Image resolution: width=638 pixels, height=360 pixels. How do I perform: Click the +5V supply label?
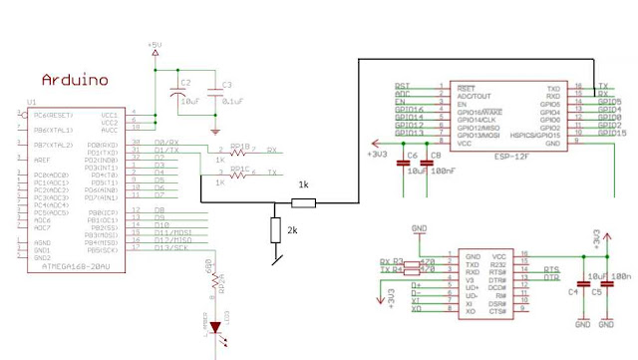(155, 46)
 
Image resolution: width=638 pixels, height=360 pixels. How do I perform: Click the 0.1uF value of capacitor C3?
(233, 101)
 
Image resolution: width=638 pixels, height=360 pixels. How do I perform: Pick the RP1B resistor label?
(239, 146)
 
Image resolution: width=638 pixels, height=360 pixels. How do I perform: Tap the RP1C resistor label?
(239, 169)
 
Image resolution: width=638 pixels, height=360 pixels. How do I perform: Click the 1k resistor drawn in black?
(303, 203)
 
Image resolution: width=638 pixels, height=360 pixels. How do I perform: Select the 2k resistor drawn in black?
(275, 231)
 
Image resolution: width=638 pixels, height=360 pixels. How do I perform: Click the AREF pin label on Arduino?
(39, 159)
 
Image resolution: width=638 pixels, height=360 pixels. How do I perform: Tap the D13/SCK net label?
(169, 248)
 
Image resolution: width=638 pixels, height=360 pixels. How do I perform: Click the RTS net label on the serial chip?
(550, 269)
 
